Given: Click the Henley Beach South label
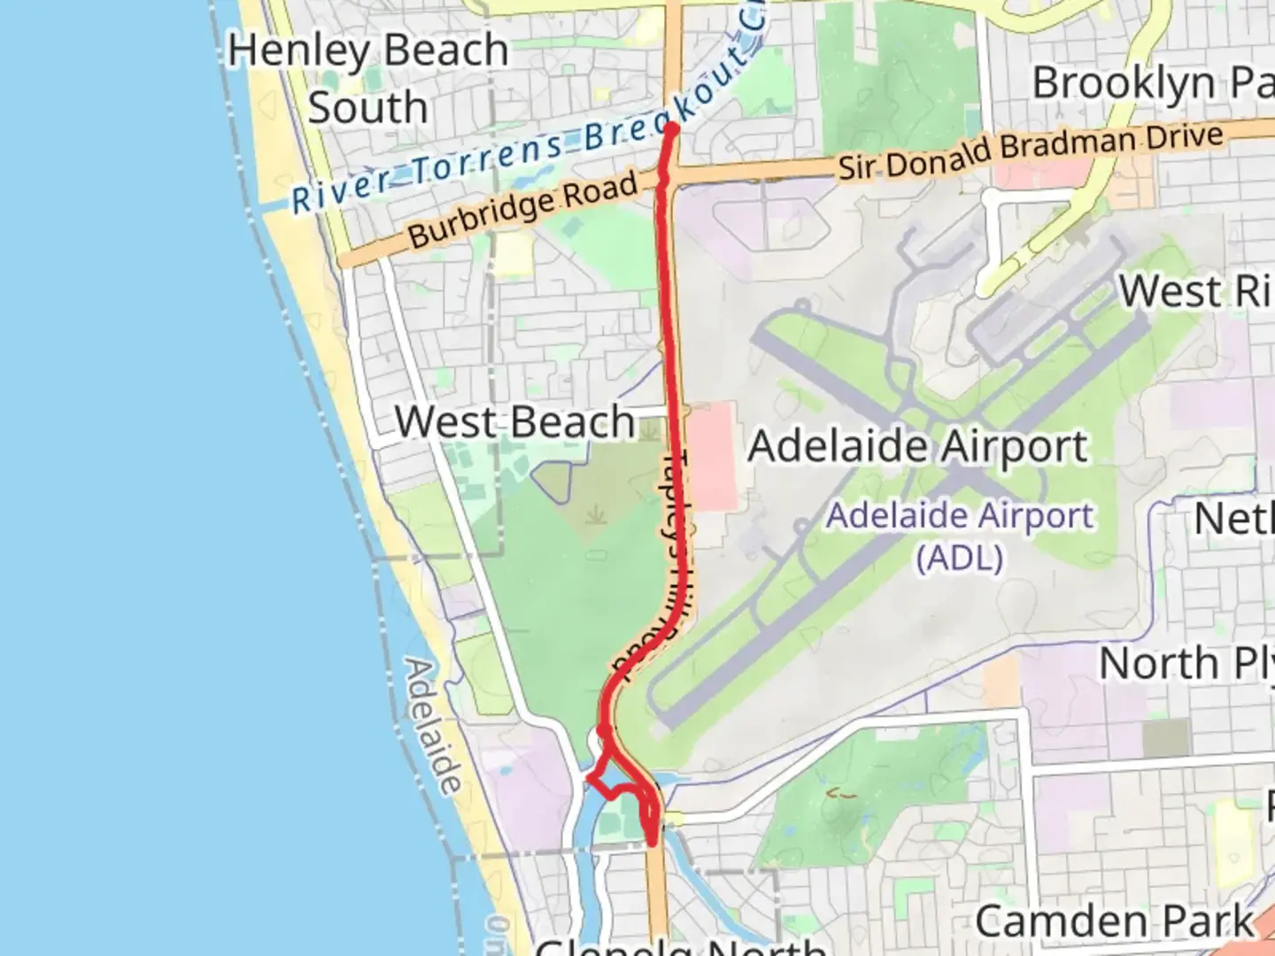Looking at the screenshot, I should tap(367, 78).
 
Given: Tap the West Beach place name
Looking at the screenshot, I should tap(514, 421).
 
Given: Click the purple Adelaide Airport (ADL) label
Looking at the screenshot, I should tap(960, 536).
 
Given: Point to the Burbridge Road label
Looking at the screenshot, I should tap(522, 209).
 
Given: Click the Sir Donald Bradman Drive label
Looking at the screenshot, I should tap(1031, 151).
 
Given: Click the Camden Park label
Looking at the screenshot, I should tap(1114, 921).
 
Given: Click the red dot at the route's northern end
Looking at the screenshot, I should tap(671, 129).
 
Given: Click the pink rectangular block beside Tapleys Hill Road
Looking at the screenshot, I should tap(713, 456).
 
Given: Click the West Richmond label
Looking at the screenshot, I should tap(1195, 291).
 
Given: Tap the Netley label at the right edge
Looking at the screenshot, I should tap(1233, 519).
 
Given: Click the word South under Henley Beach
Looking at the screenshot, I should tap(367, 107).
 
